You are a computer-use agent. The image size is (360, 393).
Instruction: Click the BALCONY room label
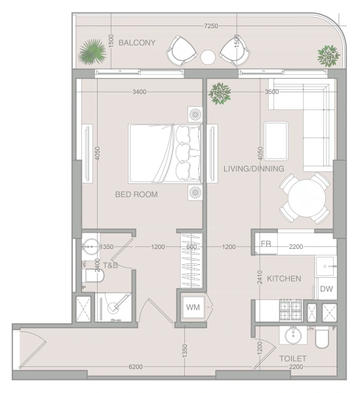click(137, 43)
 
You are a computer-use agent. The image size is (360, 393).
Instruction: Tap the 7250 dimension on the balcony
click(211, 26)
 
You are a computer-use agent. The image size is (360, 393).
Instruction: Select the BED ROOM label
click(136, 195)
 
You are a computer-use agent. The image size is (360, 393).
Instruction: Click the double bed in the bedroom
click(165, 154)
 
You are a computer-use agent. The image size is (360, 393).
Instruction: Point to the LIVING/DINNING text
click(254, 169)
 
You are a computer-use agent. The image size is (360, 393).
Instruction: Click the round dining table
click(307, 198)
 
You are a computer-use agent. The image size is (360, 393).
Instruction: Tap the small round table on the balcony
click(208, 58)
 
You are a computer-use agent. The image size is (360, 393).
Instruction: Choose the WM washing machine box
click(193, 307)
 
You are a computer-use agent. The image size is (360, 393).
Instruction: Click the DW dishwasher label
click(327, 289)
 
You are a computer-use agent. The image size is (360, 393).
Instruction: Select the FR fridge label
click(266, 244)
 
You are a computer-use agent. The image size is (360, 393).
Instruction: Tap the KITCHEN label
click(284, 278)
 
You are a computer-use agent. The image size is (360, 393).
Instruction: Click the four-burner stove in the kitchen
click(290, 310)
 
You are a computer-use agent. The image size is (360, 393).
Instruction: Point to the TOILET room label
click(293, 358)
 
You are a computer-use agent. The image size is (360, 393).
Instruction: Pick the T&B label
click(110, 265)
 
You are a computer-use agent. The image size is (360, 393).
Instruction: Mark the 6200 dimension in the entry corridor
click(136, 367)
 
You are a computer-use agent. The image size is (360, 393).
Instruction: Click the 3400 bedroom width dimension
click(140, 92)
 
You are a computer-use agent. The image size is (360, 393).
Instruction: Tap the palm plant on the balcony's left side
click(92, 52)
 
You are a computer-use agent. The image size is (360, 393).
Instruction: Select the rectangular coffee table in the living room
click(276, 141)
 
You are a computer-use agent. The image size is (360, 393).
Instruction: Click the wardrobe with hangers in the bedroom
click(191, 261)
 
